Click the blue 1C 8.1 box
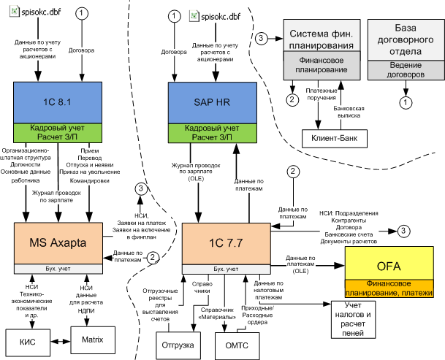click(58, 102)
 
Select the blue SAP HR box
click(213, 103)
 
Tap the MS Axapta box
click(58, 243)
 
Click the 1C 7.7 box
click(227, 244)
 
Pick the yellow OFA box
click(389, 263)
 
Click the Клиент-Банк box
click(335, 139)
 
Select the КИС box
click(28, 342)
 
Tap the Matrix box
click(93, 340)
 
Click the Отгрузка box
click(178, 345)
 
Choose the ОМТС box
click(237, 346)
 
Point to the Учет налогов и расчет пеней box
click(354, 319)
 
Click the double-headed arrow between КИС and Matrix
click(61, 341)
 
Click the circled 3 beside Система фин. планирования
click(261, 38)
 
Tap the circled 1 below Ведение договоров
click(406, 102)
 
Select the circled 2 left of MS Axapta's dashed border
click(153, 258)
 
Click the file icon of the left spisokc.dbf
click(14, 12)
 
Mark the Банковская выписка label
click(349, 112)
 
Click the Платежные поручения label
click(322, 94)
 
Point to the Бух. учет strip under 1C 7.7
click(227, 269)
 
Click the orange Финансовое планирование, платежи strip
click(389, 288)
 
